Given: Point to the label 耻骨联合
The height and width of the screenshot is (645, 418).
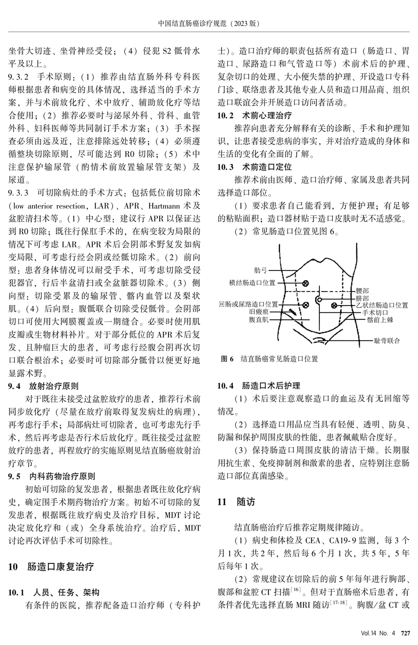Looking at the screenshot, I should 388,341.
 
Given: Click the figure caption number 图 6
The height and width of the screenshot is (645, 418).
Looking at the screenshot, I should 228,358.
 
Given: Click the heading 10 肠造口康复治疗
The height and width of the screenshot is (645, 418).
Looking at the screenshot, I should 51,567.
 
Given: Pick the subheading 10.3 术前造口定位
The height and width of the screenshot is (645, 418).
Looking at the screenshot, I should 254,167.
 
